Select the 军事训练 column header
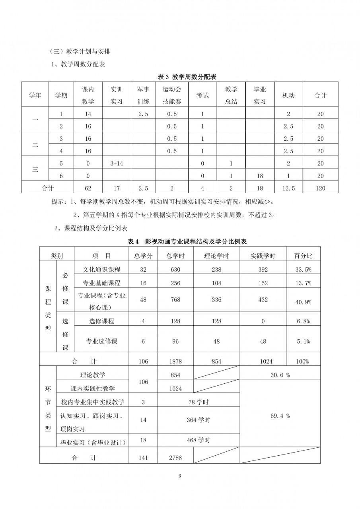[143, 95]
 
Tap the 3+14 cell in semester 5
[117, 163]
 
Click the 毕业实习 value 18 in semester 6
[260, 176]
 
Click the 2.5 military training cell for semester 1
[143, 114]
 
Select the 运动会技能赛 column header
[172, 95]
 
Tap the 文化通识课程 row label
[102, 270]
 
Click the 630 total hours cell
[175, 270]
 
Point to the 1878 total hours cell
[175, 361]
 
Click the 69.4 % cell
[280, 416]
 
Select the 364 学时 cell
[199, 420]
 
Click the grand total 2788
[175, 458]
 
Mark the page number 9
[180, 476]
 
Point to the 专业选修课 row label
[102, 341]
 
